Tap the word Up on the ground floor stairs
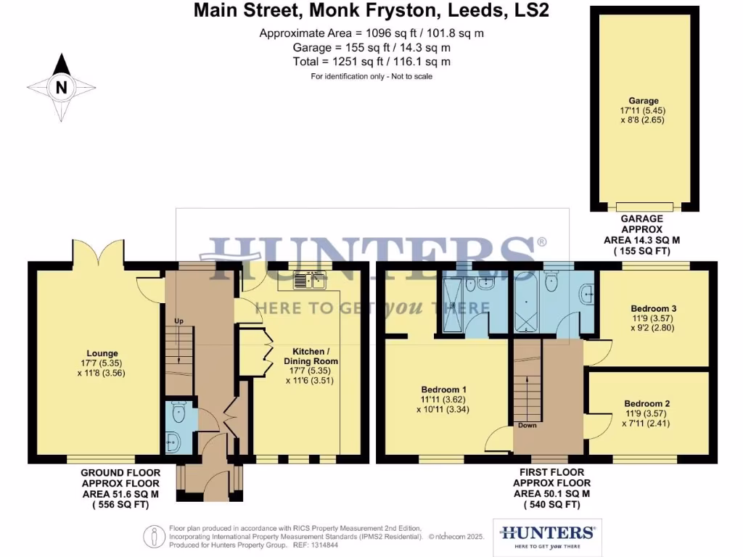(x=178, y=321)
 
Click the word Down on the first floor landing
(x=527, y=425)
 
